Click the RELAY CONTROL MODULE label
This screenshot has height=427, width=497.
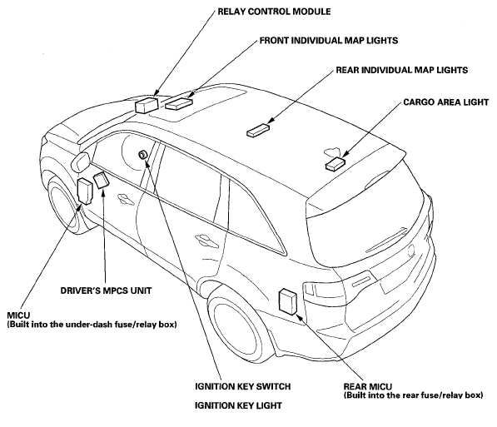click(x=274, y=12)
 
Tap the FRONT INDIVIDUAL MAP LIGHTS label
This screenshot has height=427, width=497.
click(x=329, y=41)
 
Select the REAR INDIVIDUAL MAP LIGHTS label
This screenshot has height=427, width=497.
click(x=402, y=70)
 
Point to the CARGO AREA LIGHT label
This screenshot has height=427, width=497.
click(x=446, y=102)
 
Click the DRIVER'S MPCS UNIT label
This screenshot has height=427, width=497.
click(x=106, y=290)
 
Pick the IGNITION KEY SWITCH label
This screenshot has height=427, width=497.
click(x=242, y=387)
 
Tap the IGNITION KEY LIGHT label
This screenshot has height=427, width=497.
click(x=238, y=405)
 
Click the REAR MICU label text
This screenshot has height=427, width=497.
click(x=368, y=387)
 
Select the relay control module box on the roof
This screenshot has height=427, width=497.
click(x=147, y=105)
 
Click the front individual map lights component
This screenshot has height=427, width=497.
click(x=179, y=103)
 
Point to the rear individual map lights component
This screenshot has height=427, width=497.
click(x=258, y=131)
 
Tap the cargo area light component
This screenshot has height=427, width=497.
click(x=335, y=164)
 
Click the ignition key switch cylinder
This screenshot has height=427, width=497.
click(x=142, y=154)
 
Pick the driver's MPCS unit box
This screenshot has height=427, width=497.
click(x=101, y=180)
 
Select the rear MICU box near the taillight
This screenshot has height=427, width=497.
click(x=288, y=301)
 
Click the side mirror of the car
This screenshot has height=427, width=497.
click(x=81, y=162)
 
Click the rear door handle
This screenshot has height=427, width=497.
click(x=206, y=241)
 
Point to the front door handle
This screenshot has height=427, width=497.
click(x=125, y=198)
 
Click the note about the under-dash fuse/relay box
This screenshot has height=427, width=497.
click(x=92, y=325)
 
